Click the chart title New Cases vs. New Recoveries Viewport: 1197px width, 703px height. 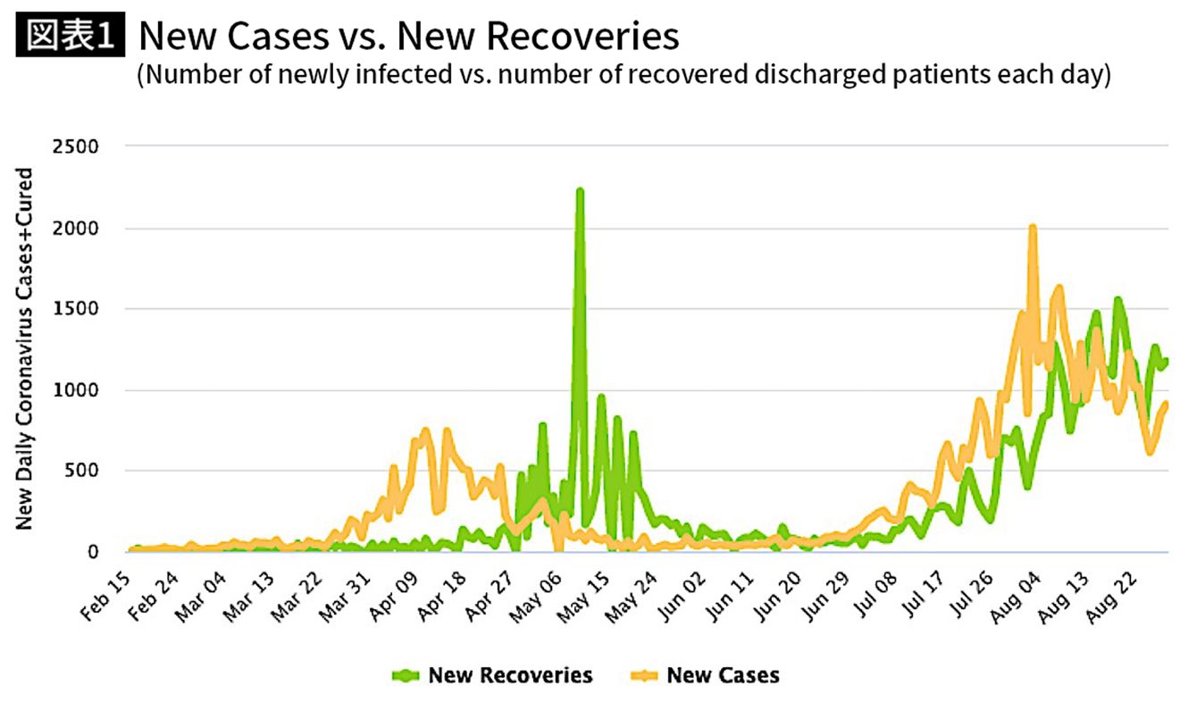(408, 37)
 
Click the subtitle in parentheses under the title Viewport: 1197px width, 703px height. (624, 75)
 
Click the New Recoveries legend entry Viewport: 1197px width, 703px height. (510, 674)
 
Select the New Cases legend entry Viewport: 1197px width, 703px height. (723, 674)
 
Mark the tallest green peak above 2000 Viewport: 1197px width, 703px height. (580, 191)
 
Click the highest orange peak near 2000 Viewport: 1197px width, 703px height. (1033, 228)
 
